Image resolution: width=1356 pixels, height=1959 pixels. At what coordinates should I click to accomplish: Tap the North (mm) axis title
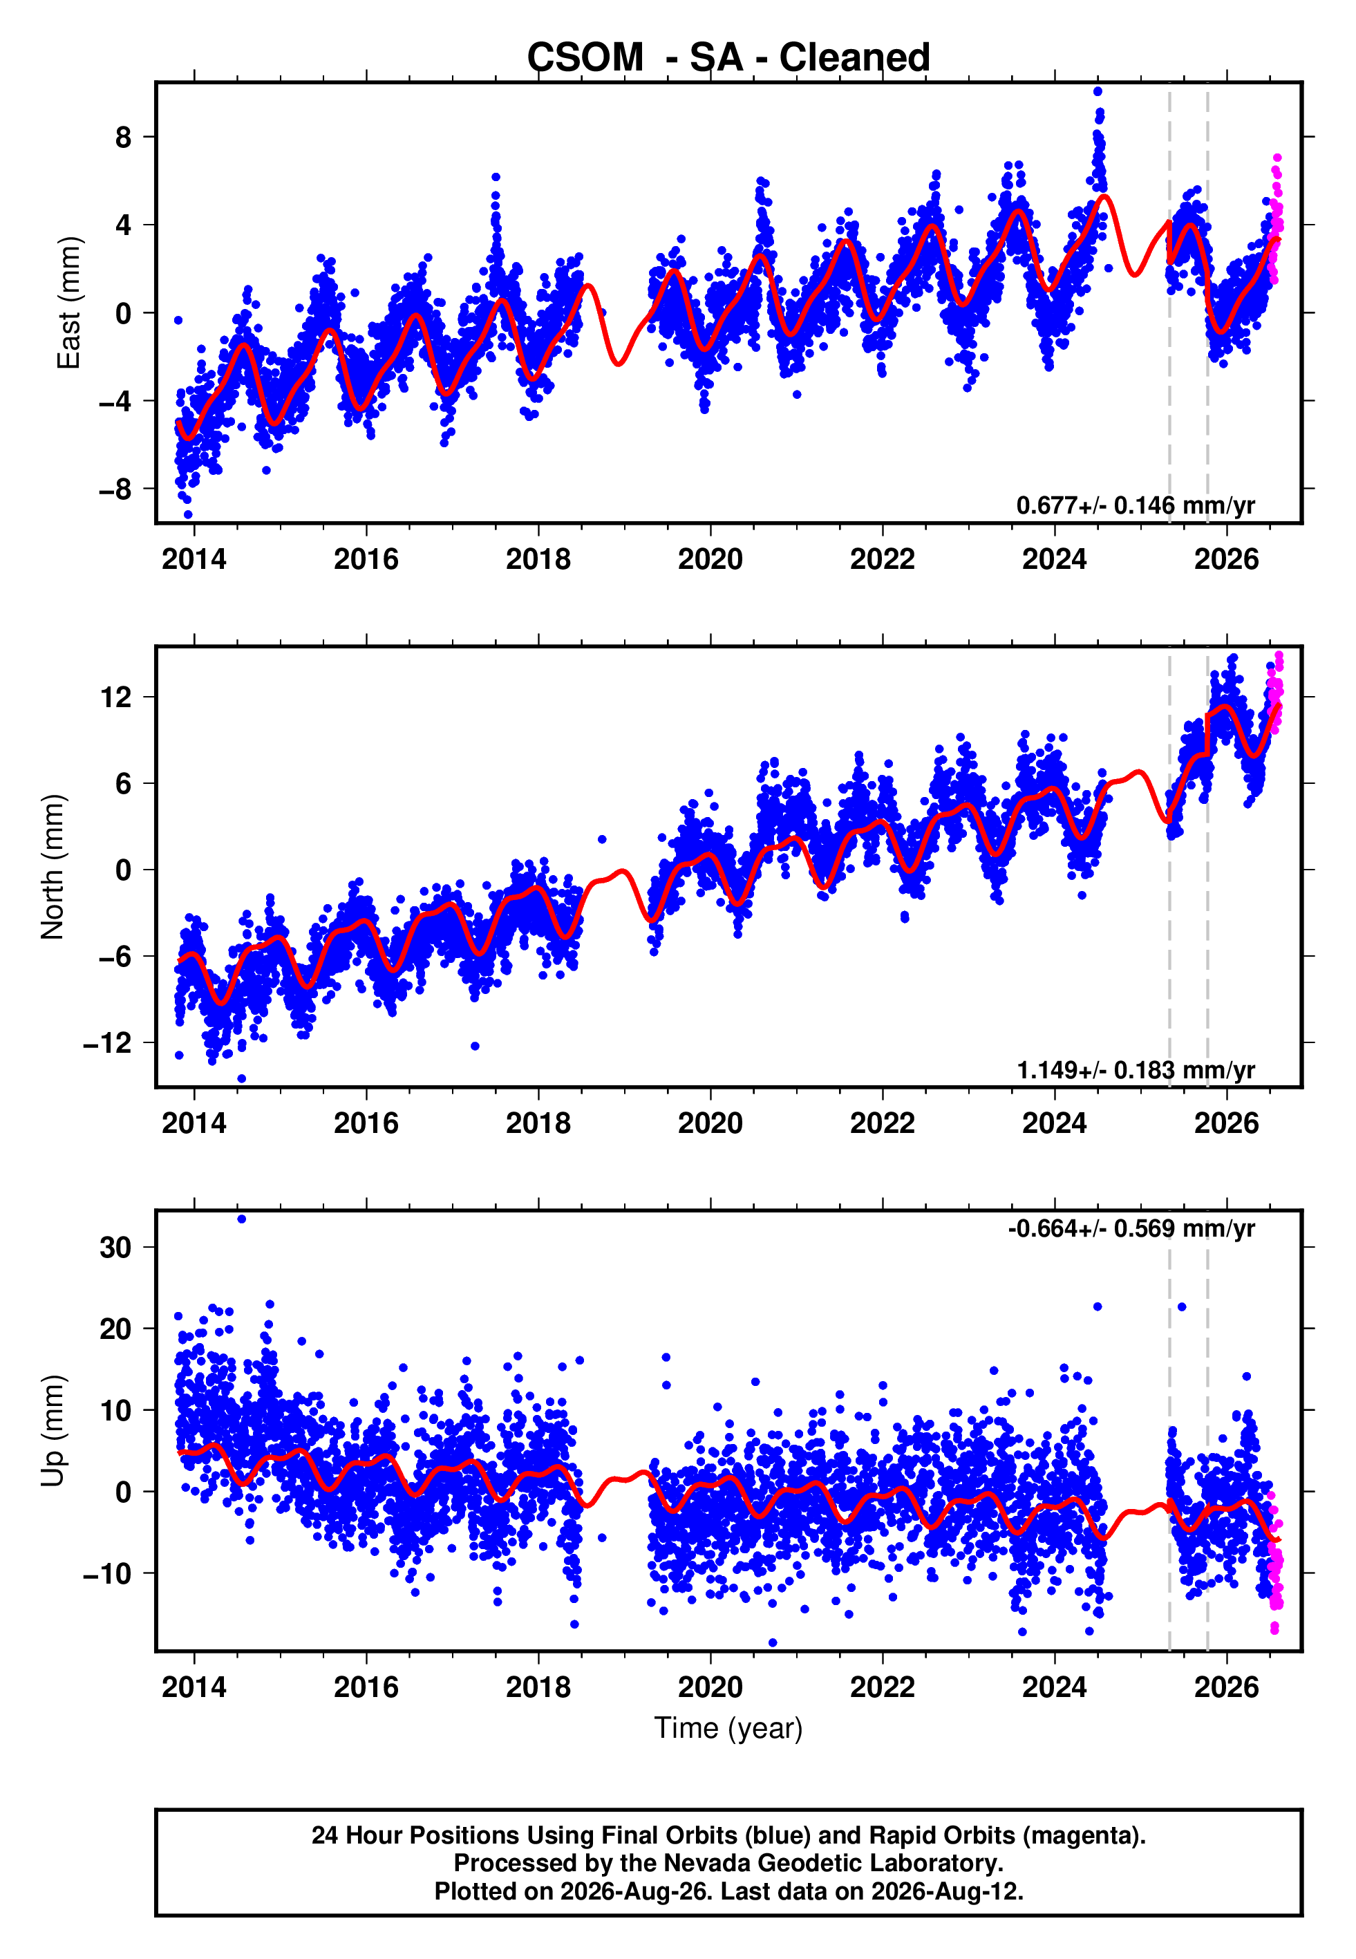point(53,867)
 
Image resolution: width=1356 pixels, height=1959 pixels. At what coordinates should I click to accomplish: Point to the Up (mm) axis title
point(53,1431)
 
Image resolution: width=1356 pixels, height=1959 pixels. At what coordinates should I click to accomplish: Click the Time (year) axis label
point(728,1728)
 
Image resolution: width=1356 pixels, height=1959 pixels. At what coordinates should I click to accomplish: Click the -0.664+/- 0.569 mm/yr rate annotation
point(1131,1228)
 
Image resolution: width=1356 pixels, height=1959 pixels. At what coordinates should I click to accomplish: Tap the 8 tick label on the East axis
point(124,137)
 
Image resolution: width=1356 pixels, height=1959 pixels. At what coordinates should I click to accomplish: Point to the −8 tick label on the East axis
point(115,489)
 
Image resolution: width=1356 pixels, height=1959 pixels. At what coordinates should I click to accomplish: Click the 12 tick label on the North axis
point(115,697)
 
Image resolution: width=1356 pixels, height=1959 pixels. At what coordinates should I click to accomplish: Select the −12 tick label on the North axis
point(107,1042)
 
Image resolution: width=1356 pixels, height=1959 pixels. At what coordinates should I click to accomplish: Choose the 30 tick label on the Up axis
point(115,1247)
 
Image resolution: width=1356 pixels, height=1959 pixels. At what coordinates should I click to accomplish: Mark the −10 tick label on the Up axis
point(107,1573)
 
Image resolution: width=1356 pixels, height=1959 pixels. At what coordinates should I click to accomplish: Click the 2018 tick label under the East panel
point(538,559)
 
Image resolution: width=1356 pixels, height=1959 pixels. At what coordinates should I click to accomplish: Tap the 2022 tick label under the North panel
point(882,1123)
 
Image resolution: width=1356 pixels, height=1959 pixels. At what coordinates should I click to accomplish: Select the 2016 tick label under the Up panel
point(366,1687)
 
